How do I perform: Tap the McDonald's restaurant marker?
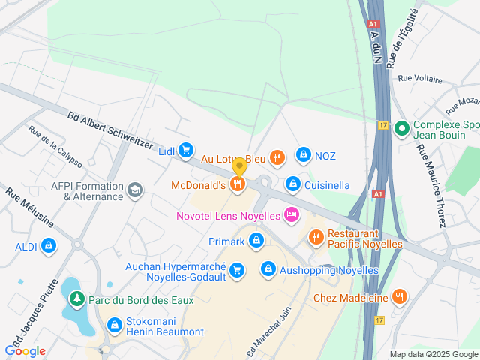(238, 184)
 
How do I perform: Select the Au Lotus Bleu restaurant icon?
(277, 157)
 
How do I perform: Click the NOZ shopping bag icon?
(303, 155)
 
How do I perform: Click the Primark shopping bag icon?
(257, 241)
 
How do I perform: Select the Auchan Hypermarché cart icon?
(237, 269)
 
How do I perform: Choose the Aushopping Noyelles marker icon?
(268, 268)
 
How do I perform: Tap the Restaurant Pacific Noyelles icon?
(316, 237)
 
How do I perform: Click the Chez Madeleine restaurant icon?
(400, 297)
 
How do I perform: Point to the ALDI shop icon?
(49, 245)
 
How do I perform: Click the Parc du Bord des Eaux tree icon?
(76, 299)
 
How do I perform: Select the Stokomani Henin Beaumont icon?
(115, 325)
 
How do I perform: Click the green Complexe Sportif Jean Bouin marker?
(401, 129)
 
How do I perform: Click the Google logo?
(25, 350)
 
